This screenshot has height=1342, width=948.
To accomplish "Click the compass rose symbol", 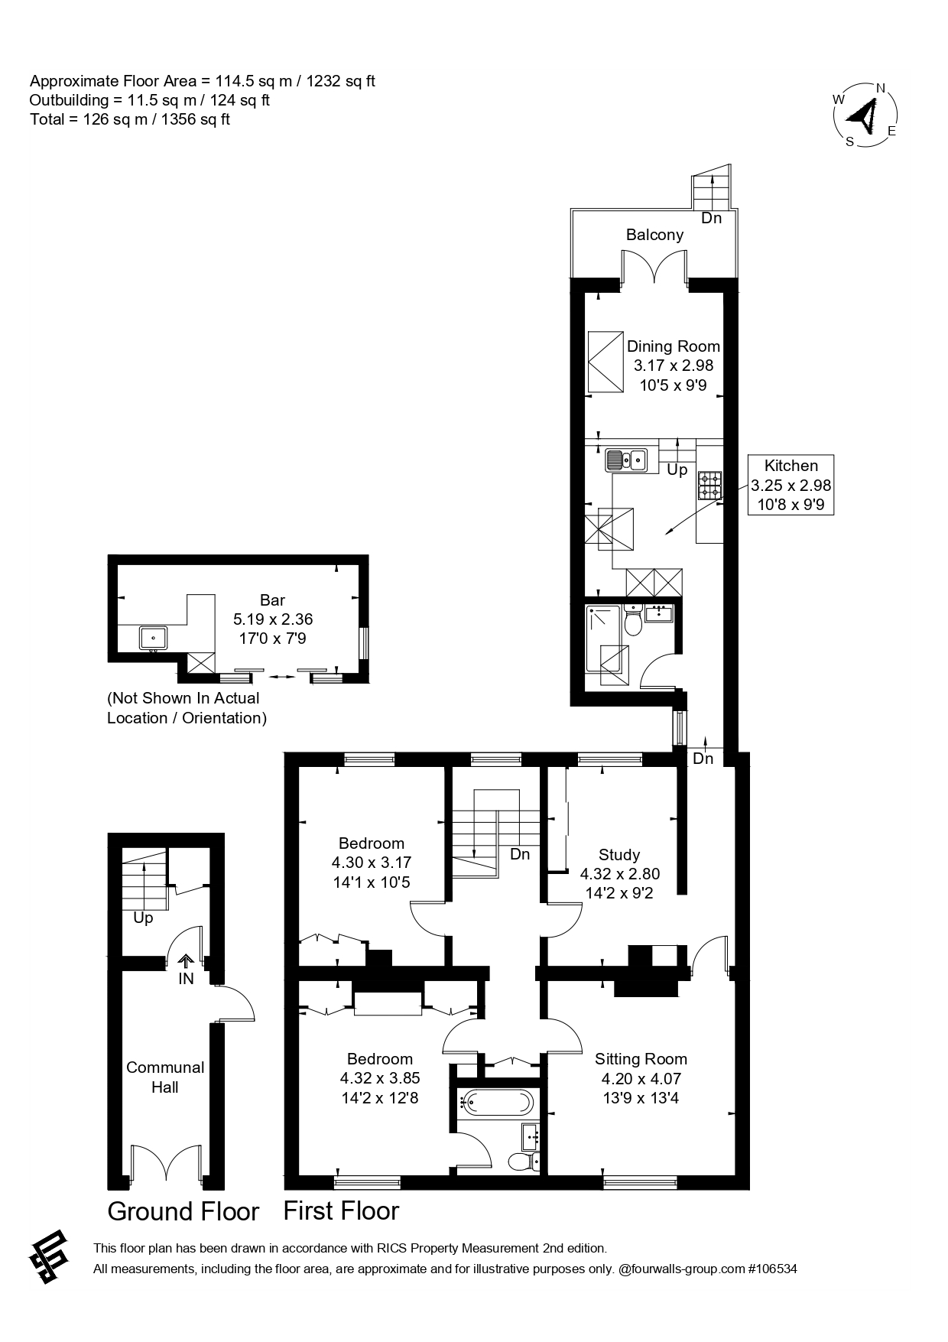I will click(865, 115).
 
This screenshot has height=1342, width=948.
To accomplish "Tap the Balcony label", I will click(654, 235).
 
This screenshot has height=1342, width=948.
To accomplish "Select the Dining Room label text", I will click(673, 346).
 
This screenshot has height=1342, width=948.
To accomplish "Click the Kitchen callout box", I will click(791, 485).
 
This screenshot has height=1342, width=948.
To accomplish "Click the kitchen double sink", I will click(626, 460).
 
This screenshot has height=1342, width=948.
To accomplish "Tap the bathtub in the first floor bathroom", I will click(497, 1102).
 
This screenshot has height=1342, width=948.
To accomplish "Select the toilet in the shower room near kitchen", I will click(632, 622).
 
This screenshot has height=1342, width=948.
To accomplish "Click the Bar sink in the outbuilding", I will click(154, 636).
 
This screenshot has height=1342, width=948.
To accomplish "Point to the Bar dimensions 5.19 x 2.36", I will click(273, 619).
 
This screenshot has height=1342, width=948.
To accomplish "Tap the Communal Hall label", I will click(165, 1077).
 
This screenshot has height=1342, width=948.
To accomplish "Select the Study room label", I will click(619, 854).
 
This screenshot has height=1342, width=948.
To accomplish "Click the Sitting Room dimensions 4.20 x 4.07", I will click(641, 1079).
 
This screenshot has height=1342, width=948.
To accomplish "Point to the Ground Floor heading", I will click(183, 1212).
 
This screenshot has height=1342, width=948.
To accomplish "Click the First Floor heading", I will click(341, 1211).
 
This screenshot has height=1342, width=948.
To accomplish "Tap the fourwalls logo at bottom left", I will click(50, 1258).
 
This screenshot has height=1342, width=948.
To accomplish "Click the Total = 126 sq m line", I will click(130, 119).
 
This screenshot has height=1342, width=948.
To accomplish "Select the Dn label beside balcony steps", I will click(711, 219).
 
